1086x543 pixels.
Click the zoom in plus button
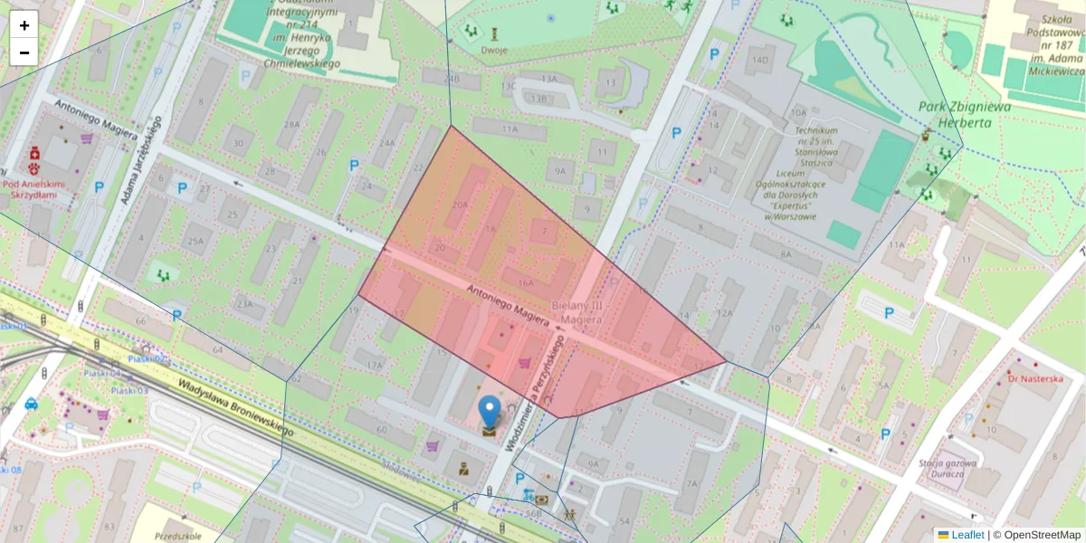click(x=24, y=25)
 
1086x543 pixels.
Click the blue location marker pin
click(x=490, y=412)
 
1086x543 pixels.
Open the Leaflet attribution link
click(x=967, y=535)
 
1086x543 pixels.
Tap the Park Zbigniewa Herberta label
click(x=965, y=114)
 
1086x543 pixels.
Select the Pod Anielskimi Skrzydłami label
click(x=35, y=190)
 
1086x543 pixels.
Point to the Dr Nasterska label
click(x=1035, y=378)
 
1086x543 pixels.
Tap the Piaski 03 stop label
click(x=130, y=390)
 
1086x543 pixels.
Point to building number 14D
click(x=759, y=61)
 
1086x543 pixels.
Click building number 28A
click(x=292, y=123)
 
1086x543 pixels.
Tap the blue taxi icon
click(x=31, y=404)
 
